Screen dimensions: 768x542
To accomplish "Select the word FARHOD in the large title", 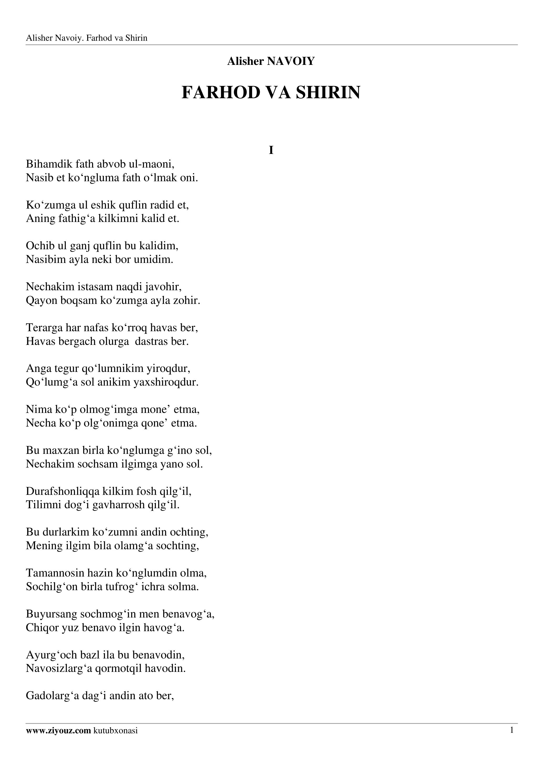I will (221, 93).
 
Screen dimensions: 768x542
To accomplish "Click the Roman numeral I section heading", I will (271, 151).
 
